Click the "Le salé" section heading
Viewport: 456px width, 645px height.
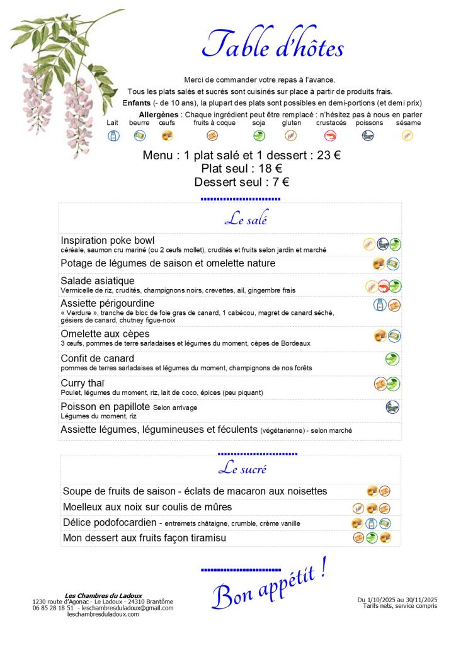[246, 220]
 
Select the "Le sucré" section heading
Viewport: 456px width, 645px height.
[242, 469]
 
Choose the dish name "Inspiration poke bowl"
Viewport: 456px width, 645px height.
[108, 240]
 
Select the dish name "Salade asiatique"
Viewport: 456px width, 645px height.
[98, 280]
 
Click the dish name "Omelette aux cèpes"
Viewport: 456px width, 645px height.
[105, 333]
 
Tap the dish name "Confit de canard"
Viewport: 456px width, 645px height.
[98, 358]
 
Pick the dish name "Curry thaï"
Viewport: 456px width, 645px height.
[83, 382]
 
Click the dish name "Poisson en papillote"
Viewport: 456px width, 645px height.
[105, 406]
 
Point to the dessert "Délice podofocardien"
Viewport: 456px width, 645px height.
[109, 522]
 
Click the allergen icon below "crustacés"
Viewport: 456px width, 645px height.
[330, 135]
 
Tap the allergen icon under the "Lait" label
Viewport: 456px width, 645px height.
[113, 135]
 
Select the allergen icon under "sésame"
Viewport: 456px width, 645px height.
[408, 135]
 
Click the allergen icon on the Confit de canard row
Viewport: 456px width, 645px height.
[392, 359]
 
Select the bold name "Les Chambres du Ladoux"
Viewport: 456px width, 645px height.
[103, 595]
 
